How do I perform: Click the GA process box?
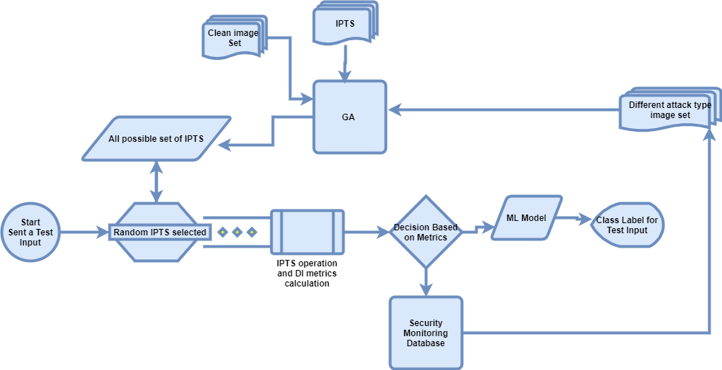coord(349,116)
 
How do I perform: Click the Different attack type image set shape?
coord(669,110)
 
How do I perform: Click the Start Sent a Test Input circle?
coord(31,233)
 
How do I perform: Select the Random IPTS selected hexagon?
coord(160,233)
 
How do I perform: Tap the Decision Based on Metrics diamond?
coord(426,233)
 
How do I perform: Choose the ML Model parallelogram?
coord(527,218)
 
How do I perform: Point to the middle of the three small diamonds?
coord(237,233)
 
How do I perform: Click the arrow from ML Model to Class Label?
coord(575,218)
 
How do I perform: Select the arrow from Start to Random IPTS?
coord(85,233)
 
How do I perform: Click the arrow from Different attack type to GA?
coord(503,110)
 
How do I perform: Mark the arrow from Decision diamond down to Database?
coord(426,281)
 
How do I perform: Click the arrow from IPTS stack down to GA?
coord(346,63)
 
